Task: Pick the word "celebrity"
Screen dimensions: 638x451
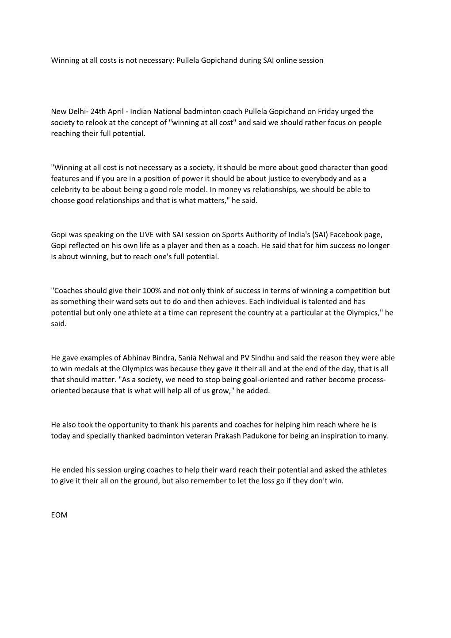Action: tap(66, 189)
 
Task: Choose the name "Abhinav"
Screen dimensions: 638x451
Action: tap(132, 358)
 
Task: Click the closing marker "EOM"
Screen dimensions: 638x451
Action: tap(59, 515)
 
